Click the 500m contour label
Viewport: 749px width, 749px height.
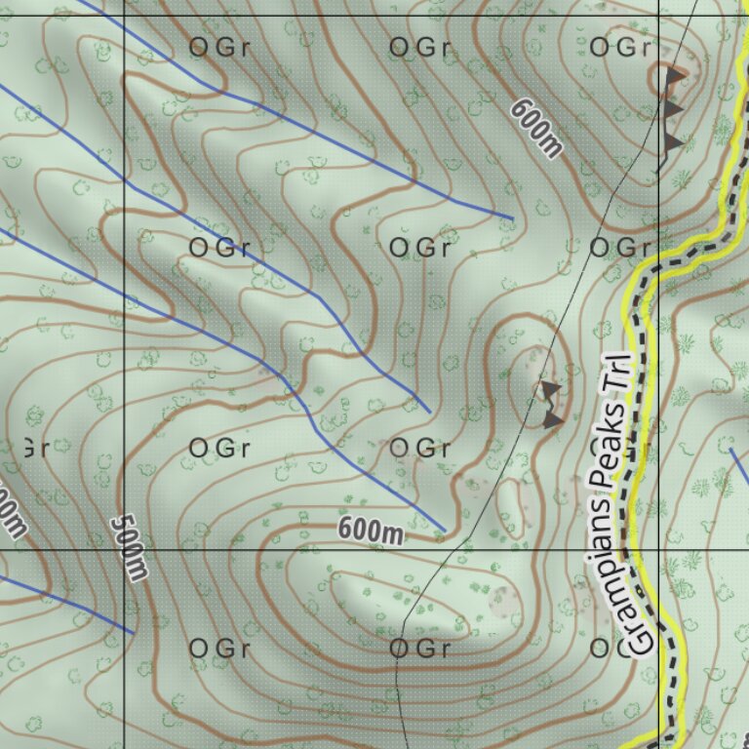(129, 547)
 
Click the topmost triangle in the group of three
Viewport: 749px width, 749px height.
(674, 73)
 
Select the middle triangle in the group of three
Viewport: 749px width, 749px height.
(672, 107)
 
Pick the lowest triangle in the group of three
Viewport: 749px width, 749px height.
(672, 142)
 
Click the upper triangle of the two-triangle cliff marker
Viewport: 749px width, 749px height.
(551, 390)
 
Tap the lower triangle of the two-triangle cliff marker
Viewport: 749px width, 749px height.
(553, 419)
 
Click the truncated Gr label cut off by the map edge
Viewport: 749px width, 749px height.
(33, 449)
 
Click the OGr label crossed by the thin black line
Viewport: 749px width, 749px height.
(419, 648)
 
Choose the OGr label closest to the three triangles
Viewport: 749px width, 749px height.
(620, 47)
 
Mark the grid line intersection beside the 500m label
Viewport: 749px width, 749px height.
(125, 549)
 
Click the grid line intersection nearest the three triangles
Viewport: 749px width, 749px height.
(659, 18)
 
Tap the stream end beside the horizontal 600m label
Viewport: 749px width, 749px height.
(445, 532)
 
